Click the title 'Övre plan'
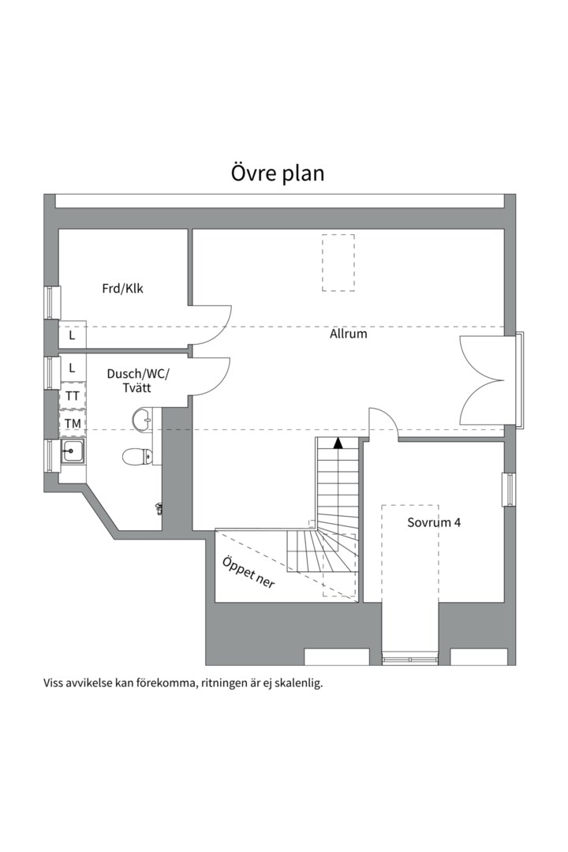coord(278,173)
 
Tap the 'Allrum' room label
coord(348,334)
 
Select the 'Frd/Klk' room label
coord(122,289)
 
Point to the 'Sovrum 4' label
coord(434,522)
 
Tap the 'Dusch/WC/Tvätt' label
coord(138,382)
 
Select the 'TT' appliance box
coord(73,396)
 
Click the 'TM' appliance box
coord(73,424)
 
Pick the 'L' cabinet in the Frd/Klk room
coord(72,335)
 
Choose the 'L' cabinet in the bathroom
coord(72,368)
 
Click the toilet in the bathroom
coord(137,456)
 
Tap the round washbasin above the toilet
coord(142,419)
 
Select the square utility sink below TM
coord(73,452)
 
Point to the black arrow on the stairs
coord(338,443)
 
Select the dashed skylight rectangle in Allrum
coord(338,263)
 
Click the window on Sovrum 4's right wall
coord(509,488)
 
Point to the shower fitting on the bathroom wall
coord(159,508)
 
